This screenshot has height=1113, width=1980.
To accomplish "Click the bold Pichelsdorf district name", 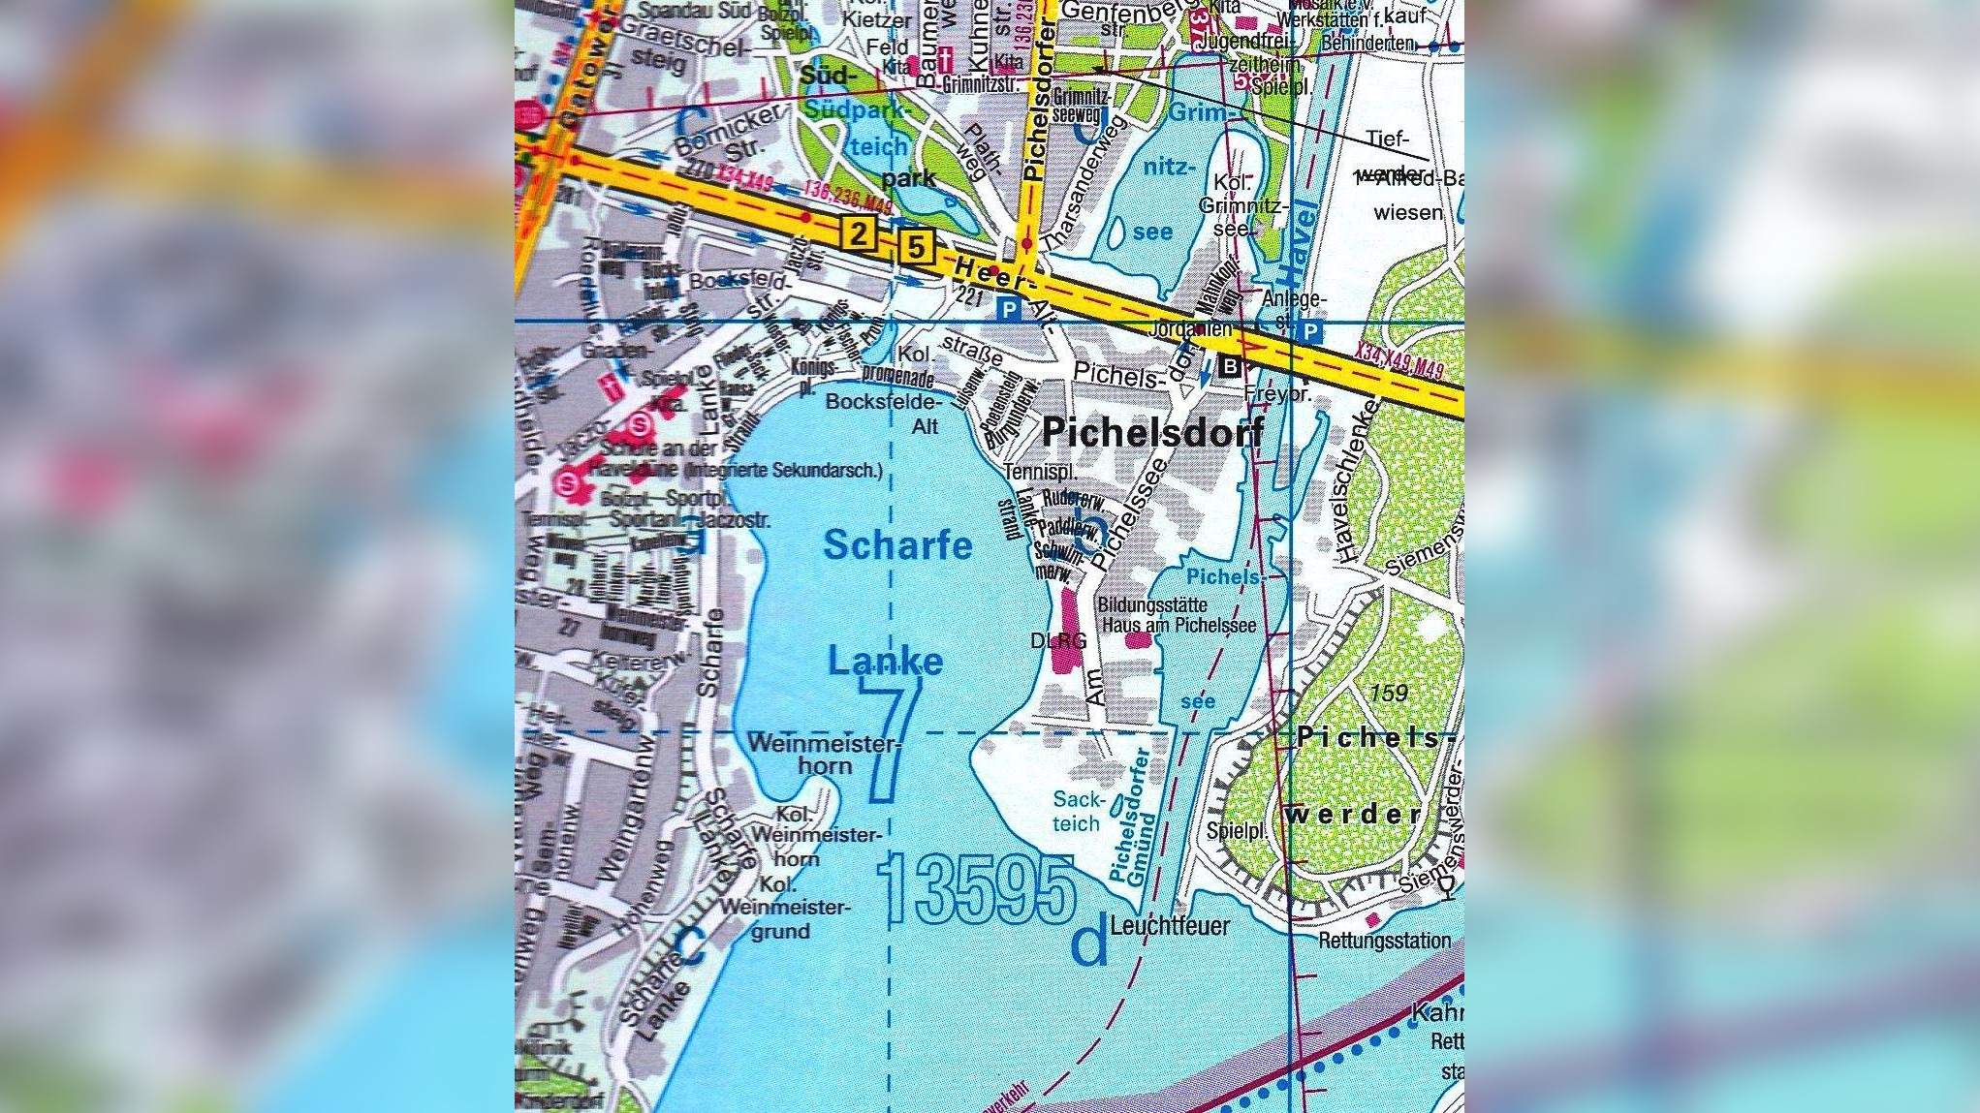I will pyautogui.click(x=1152, y=432).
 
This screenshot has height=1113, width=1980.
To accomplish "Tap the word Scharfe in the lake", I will pyautogui.click(x=897, y=545).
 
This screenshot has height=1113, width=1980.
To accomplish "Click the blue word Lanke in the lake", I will pyautogui.click(x=885, y=662).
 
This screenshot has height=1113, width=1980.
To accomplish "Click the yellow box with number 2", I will pyautogui.click(x=858, y=233).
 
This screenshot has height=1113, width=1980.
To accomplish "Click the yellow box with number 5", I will pyautogui.click(x=916, y=247).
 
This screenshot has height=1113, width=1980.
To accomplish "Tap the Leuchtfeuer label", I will pyautogui.click(x=1170, y=926).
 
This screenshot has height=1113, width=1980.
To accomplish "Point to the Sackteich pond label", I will pyautogui.click(x=1077, y=812).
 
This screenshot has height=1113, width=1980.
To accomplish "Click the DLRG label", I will pyautogui.click(x=1057, y=641).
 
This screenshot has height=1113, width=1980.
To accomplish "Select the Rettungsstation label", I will pyautogui.click(x=1384, y=941).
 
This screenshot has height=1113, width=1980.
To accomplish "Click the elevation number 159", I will pyautogui.click(x=1389, y=693).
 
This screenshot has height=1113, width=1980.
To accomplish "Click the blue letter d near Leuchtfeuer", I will pyautogui.click(x=1089, y=944).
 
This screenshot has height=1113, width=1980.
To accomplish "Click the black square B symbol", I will pyautogui.click(x=1229, y=366).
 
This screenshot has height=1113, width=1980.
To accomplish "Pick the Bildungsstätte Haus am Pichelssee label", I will pyautogui.click(x=1176, y=615).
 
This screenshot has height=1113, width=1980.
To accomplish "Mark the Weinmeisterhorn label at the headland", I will pyautogui.click(x=824, y=755).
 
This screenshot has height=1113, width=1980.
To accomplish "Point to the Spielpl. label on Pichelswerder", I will pyautogui.click(x=1237, y=831).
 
